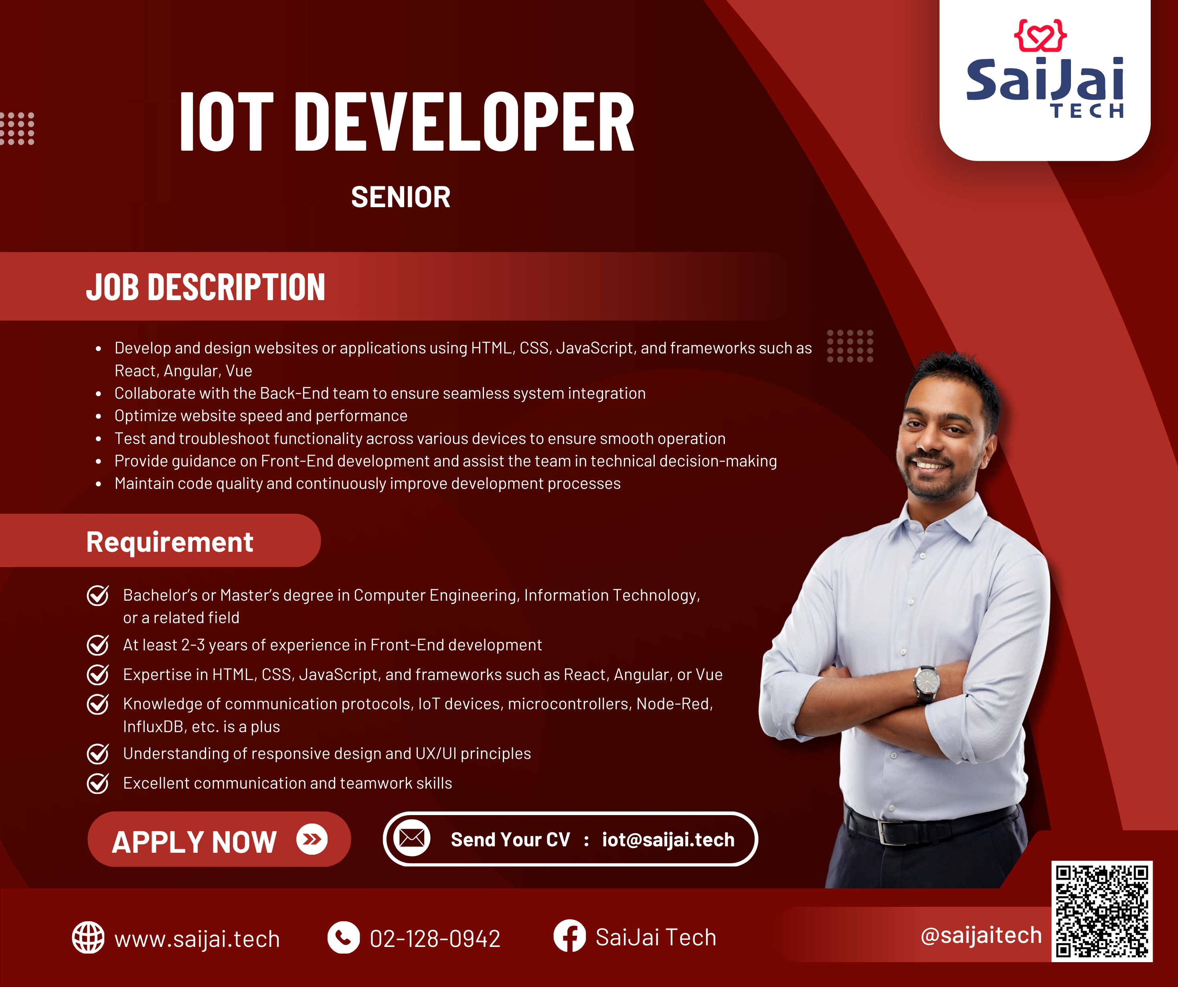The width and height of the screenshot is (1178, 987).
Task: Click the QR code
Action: click(x=1102, y=911)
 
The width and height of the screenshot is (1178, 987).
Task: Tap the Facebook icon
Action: click(x=569, y=936)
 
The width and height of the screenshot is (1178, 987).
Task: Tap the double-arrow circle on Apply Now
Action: click(x=312, y=839)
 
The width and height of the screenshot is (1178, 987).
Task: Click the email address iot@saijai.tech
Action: click(x=668, y=840)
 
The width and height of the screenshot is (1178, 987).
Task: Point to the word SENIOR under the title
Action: click(x=401, y=198)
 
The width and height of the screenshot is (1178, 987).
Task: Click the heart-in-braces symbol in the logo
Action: click(x=1040, y=35)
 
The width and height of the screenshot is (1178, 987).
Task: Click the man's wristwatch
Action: click(x=927, y=684)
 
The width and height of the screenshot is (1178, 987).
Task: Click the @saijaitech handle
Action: click(x=981, y=935)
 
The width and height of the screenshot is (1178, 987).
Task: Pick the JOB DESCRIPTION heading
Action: click(x=205, y=287)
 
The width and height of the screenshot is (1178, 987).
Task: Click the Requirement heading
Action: click(x=170, y=542)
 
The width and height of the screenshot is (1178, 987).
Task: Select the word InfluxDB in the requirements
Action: click(x=154, y=727)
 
